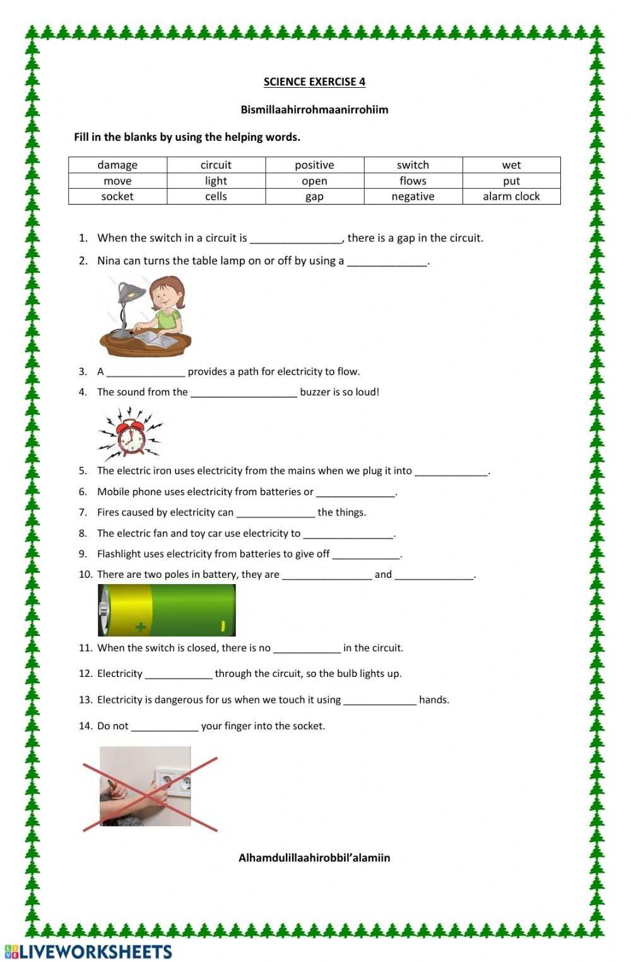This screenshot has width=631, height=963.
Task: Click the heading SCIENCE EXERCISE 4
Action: tap(314, 81)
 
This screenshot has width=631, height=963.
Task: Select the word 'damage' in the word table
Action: tap(117, 165)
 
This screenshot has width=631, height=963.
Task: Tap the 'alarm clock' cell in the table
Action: tap(511, 196)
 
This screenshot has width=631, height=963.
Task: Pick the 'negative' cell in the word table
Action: tap(413, 196)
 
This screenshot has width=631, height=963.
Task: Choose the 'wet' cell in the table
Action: tap(511, 165)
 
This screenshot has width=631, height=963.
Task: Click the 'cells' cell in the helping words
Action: tap(216, 196)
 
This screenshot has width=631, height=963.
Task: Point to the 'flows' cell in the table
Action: tap(413, 181)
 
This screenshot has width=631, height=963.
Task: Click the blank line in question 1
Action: tap(296, 239)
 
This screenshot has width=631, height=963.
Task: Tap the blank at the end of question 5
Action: tap(451, 472)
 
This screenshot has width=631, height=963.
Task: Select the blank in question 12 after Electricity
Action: tap(179, 675)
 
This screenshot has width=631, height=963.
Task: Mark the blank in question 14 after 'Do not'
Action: tap(164, 727)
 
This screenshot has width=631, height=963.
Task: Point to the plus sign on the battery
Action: tap(140, 626)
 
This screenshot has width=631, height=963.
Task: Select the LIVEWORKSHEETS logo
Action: tap(88, 952)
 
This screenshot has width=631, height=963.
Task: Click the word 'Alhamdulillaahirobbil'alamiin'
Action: tap(314, 858)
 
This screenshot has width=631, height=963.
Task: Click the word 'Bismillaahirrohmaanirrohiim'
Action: tap(314, 110)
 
